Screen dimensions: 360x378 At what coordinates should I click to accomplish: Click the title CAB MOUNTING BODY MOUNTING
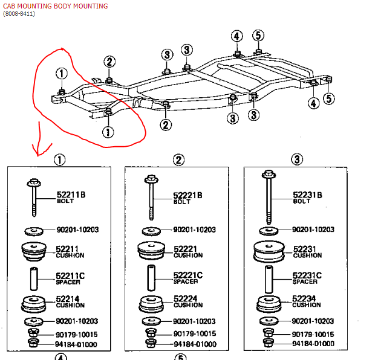point(55,6)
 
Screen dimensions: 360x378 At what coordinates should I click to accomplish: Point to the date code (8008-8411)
point(19,14)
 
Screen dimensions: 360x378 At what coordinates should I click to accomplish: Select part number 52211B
point(70,195)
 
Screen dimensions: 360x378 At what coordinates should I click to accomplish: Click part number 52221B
point(188,195)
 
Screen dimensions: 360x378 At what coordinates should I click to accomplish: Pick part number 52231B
point(308,195)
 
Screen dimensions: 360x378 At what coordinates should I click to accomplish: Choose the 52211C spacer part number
point(70,276)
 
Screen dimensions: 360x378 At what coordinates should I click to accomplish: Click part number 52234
point(305,298)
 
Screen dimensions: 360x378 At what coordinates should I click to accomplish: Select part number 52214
point(68,298)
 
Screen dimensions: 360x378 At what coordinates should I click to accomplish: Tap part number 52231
point(305,249)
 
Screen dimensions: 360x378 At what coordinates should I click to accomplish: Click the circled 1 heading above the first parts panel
point(59,160)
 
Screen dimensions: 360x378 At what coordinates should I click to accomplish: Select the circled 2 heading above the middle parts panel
point(178,160)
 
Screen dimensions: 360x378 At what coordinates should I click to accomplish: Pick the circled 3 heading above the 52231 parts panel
point(297,160)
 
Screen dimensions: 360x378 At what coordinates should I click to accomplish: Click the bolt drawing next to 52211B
point(33,198)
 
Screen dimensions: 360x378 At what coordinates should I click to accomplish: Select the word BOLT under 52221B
point(182,202)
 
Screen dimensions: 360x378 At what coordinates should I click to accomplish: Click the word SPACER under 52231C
point(305,282)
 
